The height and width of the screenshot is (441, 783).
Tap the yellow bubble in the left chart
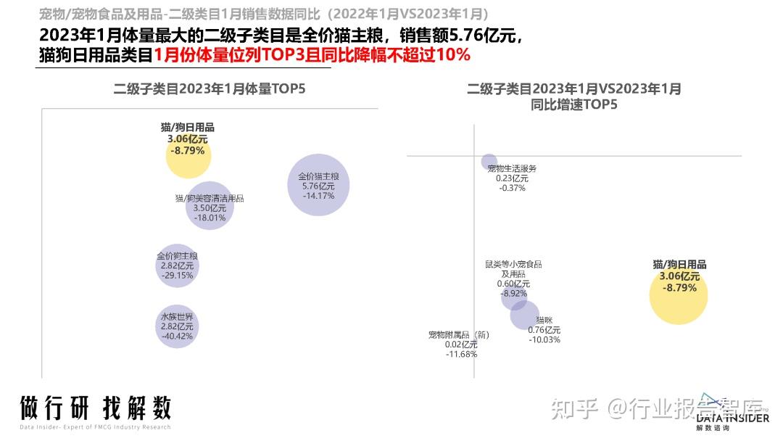188,155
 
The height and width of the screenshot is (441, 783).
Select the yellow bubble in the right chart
678,294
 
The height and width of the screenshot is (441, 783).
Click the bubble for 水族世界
176,326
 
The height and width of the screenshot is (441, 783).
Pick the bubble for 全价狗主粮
176,265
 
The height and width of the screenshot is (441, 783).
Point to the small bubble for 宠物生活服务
489,162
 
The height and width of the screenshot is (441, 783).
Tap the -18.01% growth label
210,218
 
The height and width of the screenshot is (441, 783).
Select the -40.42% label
177,337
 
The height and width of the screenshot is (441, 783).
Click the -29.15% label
177,276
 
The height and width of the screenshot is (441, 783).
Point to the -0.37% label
513,188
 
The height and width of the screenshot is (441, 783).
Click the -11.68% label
462,354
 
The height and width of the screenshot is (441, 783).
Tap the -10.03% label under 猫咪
544,339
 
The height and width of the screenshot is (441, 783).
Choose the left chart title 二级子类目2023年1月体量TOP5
210,89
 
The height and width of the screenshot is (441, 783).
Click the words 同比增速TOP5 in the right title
573,104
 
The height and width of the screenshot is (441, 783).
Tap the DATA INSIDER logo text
732,418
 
